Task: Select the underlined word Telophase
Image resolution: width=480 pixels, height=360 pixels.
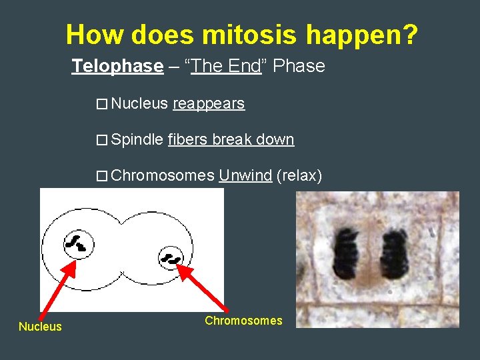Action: (117, 66)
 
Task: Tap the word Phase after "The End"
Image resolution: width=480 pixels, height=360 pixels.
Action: (299, 66)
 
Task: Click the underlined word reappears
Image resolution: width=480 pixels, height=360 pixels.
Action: (209, 104)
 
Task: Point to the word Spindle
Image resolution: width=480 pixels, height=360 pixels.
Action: (137, 139)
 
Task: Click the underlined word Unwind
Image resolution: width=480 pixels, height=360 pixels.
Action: (245, 176)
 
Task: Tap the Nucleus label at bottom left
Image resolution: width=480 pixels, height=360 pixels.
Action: (40, 327)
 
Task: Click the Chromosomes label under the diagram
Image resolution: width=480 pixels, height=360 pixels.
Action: (243, 321)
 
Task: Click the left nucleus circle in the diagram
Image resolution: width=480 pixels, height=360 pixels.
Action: (78, 245)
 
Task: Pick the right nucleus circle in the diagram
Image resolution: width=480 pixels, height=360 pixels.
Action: (172, 257)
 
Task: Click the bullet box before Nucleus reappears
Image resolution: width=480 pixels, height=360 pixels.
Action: (101, 105)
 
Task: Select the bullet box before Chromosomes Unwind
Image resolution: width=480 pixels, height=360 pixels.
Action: (101, 177)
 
